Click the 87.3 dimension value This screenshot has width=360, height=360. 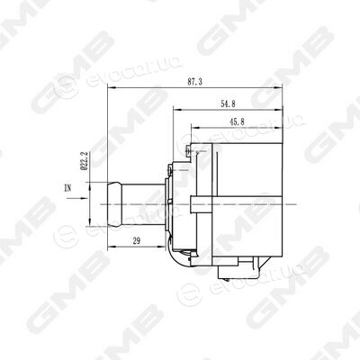point(195,82)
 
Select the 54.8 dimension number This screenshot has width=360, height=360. point(228,103)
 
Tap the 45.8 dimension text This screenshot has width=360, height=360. point(237,121)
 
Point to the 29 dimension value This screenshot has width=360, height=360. point(137,240)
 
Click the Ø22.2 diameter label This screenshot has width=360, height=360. point(85,161)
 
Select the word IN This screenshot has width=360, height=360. point(68,188)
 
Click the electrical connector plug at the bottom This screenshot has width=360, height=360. point(238,268)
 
